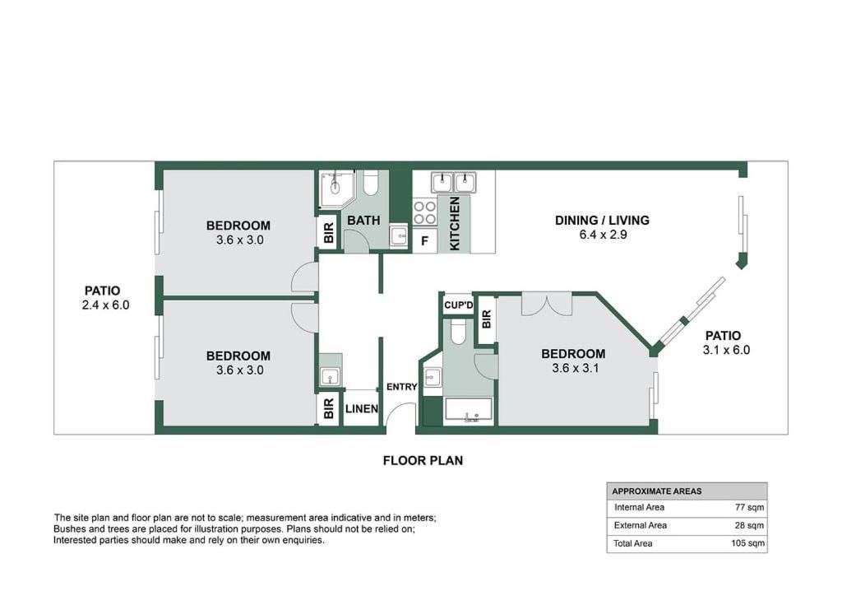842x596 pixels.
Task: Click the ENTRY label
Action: coord(401,386)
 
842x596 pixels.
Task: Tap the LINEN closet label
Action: coord(362,409)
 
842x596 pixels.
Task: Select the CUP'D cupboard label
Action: coord(459,305)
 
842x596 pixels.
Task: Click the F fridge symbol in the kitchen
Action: coord(425,241)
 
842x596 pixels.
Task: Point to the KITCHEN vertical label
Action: coord(454,223)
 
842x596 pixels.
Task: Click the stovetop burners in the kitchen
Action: coord(425,212)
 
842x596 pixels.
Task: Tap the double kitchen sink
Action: coord(454,182)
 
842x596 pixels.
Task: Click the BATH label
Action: coord(363,221)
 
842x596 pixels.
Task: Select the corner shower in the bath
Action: coord(336,189)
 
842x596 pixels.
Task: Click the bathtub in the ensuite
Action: coord(468,411)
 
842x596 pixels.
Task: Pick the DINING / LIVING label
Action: coord(602,221)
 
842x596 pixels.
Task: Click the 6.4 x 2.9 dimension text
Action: coord(603,235)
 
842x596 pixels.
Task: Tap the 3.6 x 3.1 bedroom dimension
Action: coord(575,369)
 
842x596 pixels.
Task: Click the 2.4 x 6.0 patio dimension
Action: coord(106,305)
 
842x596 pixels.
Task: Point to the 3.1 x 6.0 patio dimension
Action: coord(726,351)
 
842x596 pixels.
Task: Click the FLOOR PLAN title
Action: coord(423,460)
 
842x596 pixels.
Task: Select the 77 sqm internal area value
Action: coord(750,507)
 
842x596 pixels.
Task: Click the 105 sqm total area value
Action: coord(747,543)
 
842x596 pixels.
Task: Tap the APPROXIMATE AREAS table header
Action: coord(657,491)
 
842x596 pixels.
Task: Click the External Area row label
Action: coord(640,525)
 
